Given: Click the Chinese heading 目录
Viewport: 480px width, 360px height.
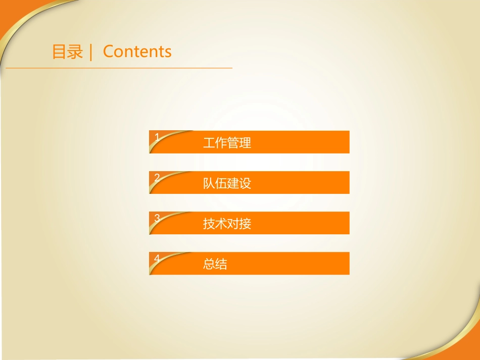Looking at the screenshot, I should point(67,52).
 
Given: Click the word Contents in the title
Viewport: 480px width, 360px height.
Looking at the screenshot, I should point(137,52).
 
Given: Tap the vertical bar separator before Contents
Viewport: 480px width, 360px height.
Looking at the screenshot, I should point(91,52).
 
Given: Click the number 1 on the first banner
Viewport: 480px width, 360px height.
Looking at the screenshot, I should point(157,137).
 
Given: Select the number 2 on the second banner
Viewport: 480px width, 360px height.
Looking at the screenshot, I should point(157,177).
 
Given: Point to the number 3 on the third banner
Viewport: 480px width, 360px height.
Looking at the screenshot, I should point(157,218).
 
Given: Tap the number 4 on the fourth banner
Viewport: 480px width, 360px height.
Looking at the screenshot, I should point(157,258).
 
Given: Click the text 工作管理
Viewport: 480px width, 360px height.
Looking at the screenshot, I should point(227,143).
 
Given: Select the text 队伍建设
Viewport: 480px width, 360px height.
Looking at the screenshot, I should point(227,183).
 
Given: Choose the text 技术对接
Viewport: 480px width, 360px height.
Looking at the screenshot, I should point(227,224).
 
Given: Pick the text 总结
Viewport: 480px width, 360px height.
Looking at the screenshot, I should point(215,264).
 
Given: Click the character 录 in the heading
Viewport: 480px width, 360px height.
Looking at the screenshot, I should point(75,52).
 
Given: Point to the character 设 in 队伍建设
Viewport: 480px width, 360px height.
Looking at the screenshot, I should point(245,183).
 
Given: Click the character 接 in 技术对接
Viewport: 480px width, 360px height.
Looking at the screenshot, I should point(245,224).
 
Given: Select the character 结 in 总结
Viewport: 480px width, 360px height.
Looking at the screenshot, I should point(221,264).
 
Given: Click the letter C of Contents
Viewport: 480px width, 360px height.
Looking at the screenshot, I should point(108,52).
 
